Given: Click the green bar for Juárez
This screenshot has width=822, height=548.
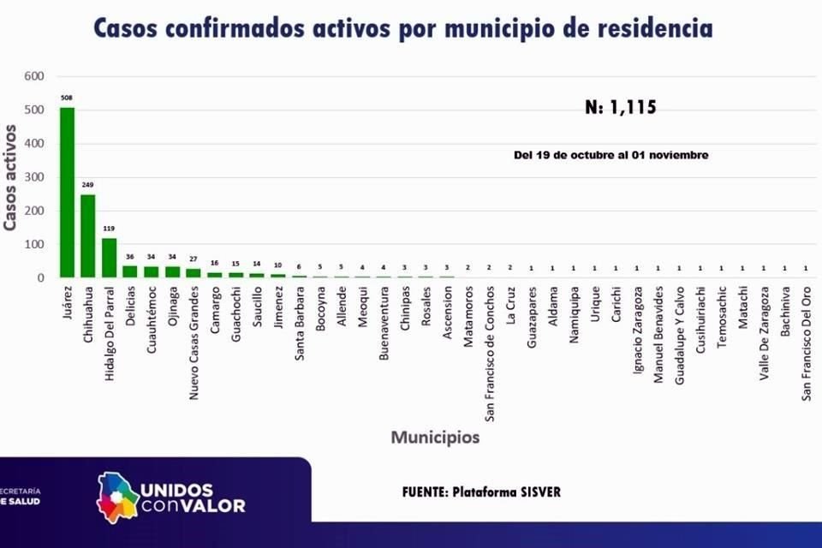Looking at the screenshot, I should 67,192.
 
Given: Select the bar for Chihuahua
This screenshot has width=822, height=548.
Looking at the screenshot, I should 88,235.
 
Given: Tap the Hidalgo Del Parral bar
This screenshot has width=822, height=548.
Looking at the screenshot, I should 109,258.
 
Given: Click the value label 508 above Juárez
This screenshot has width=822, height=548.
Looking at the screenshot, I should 67,98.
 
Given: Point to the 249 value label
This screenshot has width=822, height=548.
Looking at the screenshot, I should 88,185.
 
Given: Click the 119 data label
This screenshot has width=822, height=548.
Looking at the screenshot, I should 109,229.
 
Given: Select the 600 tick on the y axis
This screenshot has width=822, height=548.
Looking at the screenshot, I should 33,76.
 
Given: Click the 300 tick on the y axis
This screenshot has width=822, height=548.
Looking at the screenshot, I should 33,177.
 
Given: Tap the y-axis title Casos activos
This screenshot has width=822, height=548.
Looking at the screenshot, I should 11,177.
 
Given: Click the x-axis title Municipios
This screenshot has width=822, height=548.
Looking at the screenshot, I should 435,438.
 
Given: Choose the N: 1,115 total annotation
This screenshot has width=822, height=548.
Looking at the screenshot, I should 621,108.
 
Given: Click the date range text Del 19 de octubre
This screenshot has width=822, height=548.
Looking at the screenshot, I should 611,155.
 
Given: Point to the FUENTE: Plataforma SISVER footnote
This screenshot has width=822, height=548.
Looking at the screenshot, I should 481,492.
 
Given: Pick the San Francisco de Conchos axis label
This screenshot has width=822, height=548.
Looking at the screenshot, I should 489,352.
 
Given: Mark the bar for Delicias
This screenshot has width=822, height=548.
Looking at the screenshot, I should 130,271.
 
